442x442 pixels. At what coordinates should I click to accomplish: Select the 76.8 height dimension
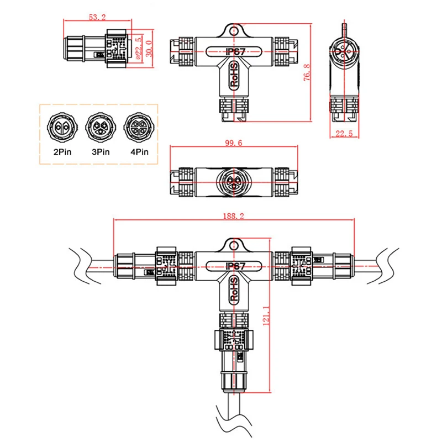tap(307, 72)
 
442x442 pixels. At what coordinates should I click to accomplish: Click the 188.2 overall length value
tap(233, 216)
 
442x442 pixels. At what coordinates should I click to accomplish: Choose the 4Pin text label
tap(137, 151)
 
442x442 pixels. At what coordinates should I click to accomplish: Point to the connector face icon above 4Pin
tap(136, 125)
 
